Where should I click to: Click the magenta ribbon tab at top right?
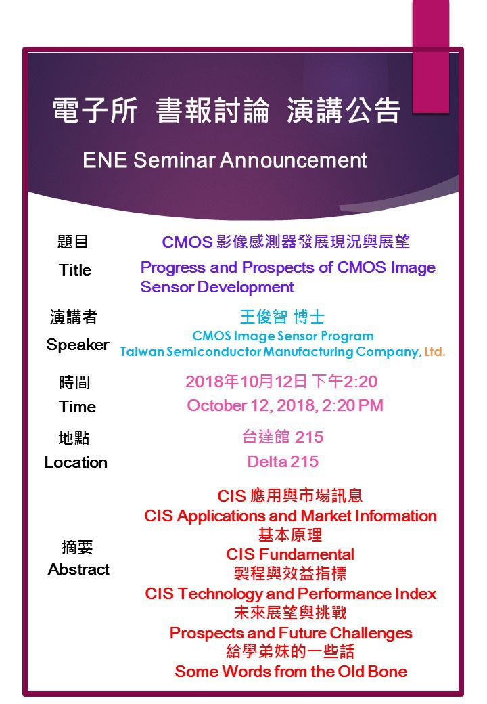tap(430, 56)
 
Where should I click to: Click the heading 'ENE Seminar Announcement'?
tap(225, 160)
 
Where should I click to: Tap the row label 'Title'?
tap(75, 270)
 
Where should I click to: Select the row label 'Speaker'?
tap(78, 345)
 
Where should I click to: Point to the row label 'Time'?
tap(78, 407)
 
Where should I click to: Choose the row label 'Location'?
tap(76, 462)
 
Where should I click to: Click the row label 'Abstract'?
tap(78, 569)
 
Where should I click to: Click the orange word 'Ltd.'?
tap(434, 351)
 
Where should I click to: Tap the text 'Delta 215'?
tap(283, 462)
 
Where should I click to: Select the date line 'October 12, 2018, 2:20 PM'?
tap(285, 405)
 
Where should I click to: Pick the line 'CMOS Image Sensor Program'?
tap(283, 336)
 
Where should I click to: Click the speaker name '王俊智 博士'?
tap(283, 317)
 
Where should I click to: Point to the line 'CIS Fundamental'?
tap(290, 554)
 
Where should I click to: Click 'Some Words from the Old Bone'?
tap(291, 672)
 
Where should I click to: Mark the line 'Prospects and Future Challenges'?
tap(291, 633)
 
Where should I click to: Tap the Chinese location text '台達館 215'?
tap(283, 437)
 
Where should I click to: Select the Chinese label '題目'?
tap(72, 242)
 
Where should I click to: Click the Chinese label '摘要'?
tap(77, 547)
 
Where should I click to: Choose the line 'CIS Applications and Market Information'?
tap(291, 516)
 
